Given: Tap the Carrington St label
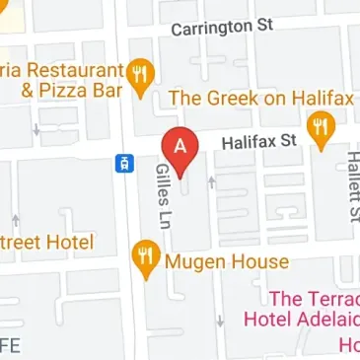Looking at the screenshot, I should pos(221,28).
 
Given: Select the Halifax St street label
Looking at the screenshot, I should pos(258,142).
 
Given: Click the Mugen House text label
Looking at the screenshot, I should pos(227,261).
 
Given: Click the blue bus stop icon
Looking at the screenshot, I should pos(122,163).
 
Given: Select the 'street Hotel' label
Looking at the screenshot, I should pos(46,243).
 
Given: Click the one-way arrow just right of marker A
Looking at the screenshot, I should pos(210,181).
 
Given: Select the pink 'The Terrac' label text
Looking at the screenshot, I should pos(314,298).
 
